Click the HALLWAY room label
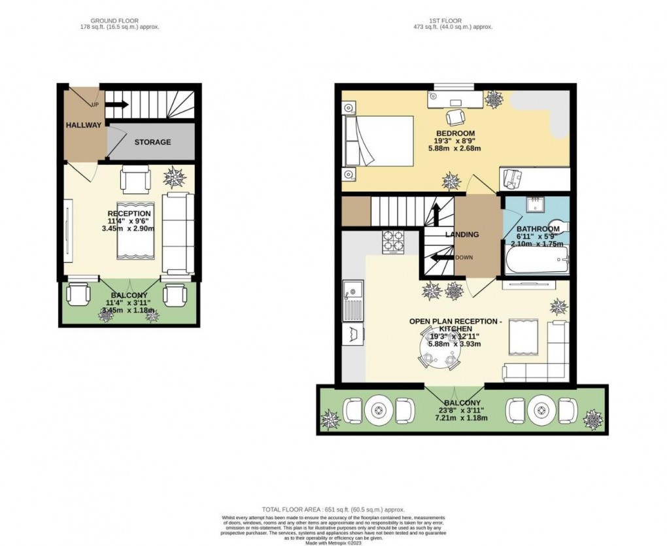(x=83, y=126)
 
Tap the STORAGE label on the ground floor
(x=152, y=142)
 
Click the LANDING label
(x=462, y=234)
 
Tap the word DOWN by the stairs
(x=464, y=257)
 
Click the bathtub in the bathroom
(x=537, y=262)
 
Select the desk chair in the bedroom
(x=455, y=117)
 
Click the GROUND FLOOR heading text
(x=118, y=20)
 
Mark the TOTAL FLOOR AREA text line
(x=333, y=509)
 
